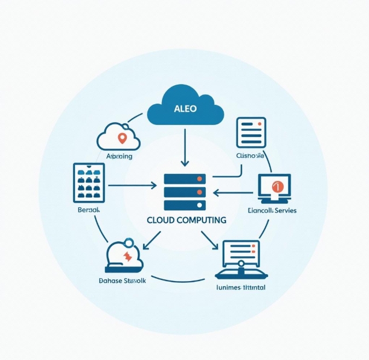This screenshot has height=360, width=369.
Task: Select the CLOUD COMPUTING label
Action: click(x=186, y=220)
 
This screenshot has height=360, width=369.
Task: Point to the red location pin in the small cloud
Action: click(x=121, y=138)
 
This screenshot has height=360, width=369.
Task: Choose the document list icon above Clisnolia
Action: click(x=251, y=133)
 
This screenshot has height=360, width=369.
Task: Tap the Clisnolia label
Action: click(x=250, y=156)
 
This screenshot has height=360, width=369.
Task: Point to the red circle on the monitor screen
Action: click(x=275, y=185)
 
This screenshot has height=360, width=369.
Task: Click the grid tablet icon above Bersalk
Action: click(x=89, y=183)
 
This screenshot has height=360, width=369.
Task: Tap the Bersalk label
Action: click(x=88, y=211)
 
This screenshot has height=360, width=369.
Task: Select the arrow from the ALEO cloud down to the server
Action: click(x=184, y=147)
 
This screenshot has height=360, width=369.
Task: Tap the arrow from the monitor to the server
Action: click(x=234, y=192)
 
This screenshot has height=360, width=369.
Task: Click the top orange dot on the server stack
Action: click(x=199, y=179)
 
